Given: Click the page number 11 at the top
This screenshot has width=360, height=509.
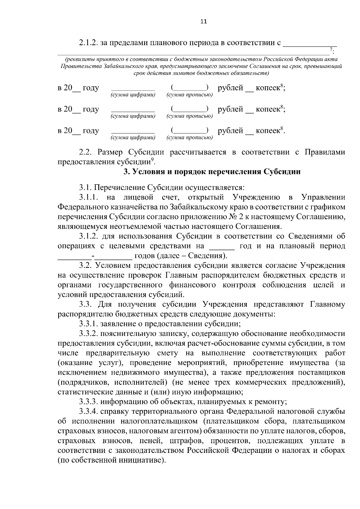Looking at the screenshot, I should click(x=203, y=22).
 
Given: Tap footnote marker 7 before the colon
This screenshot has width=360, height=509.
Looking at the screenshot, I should click(x=331, y=49).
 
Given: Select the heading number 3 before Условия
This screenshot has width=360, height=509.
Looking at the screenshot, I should click(x=126, y=172).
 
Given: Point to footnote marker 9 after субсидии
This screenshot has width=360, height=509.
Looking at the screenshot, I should click(x=152, y=160).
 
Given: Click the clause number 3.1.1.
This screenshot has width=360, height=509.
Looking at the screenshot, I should click(x=89, y=197).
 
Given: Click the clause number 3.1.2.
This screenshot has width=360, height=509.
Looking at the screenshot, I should click(x=89, y=236).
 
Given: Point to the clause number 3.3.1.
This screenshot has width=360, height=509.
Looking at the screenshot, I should click(x=89, y=324).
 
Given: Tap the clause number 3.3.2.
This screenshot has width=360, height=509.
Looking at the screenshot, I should click(x=89, y=334).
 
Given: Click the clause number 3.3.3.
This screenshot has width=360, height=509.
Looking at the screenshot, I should click(x=89, y=402).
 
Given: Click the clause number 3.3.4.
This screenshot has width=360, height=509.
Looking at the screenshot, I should click(x=89, y=412).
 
